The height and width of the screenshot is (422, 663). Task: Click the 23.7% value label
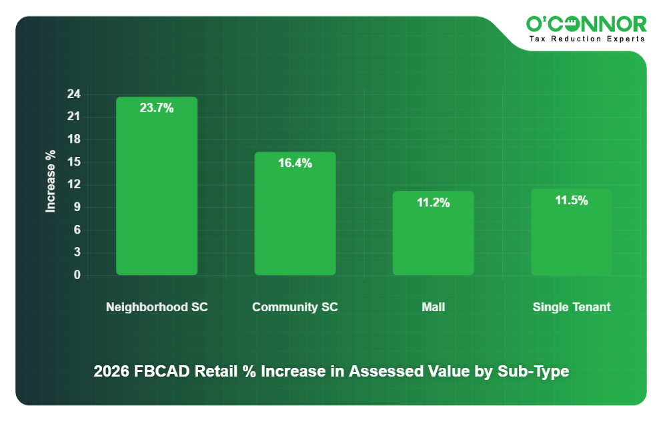pyautogui.click(x=157, y=108)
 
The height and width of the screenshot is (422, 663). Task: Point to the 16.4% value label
pyautogui.click(x=295, y=163)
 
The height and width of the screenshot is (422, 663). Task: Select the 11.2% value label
pyautogui.click(x=433, y=202)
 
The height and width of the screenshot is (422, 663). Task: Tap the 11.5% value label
pyautogui.click(x=571, y=200)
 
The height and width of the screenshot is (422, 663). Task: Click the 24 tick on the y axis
pyautogui.click(x=73, y=94)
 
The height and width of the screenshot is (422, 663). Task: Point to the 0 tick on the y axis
pyautogui.click(x=77, y=275)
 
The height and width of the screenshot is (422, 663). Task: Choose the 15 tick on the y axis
pyautogui.click(x=73, y=162)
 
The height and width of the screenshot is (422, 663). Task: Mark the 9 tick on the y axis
pyautogui.click(x=77, y=208)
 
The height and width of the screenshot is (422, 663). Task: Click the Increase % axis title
pyautogui.click(x=51, y=182)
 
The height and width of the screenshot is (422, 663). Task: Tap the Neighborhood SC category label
pyautogui.click(x=157, y=307)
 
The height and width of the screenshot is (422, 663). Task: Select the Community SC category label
pyautogui.click(x=295, y=307)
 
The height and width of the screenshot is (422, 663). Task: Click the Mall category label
pyautogui.click(x=433, y=307)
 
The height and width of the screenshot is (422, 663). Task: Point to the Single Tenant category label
pyautogui.click(x=572, y=307)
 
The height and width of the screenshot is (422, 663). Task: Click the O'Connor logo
pyautogui.click(x=586, y=24)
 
